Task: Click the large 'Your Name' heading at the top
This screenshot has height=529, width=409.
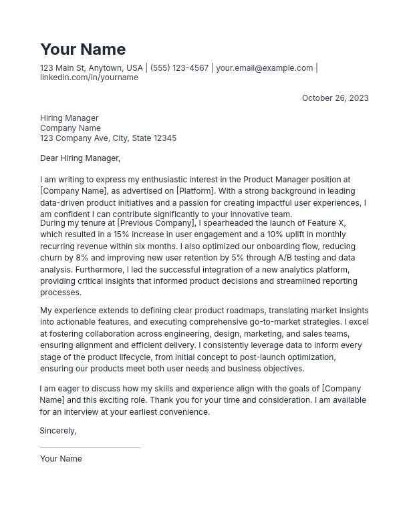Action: pos(83,49)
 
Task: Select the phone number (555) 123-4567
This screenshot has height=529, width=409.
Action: pos(179,68)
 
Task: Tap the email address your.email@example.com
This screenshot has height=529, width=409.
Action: pos(264,68)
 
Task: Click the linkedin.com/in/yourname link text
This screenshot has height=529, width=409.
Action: pos(89,77)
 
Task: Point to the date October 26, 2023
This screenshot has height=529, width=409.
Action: pos(335,98)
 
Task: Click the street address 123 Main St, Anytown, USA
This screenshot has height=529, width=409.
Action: pos(91,68)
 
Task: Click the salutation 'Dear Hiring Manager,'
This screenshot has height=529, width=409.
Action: pos(80,158)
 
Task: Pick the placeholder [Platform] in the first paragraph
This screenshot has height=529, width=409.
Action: pos(195,191)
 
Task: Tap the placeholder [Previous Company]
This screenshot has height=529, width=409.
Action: pos(156,223)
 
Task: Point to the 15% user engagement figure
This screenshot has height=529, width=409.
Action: pos(121,234)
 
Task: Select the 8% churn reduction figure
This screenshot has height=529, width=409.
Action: pos(81,258)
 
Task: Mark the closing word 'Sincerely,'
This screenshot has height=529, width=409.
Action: pos(58,431)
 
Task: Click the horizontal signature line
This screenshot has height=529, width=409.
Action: pos(90,448)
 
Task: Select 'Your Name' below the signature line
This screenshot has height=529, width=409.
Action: pos(61,459)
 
